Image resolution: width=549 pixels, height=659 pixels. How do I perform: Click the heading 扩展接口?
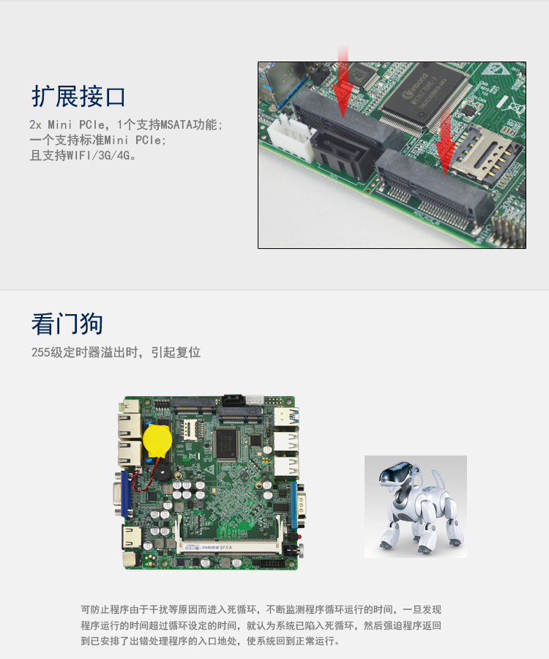(x=78, y=96)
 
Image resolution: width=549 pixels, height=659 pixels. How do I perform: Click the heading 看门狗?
(x=67, y=324)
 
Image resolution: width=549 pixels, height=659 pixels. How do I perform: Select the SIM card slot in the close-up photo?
(x=484, y=155)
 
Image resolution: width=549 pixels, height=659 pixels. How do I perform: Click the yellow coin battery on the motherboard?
(x=157, y=440)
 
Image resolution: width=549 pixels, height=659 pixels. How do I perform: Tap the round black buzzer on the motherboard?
(x=162, y=472)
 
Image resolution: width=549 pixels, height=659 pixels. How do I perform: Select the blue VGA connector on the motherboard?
(x=124, y=494)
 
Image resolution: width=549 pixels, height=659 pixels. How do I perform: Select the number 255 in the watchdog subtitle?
(x=41, y=352)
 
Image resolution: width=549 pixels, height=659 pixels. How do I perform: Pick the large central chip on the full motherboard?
(x=227, y=444)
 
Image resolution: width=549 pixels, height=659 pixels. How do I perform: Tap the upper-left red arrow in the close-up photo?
(x=343, y=81)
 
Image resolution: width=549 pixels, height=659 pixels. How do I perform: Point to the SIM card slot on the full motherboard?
(x=190, y=429)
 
